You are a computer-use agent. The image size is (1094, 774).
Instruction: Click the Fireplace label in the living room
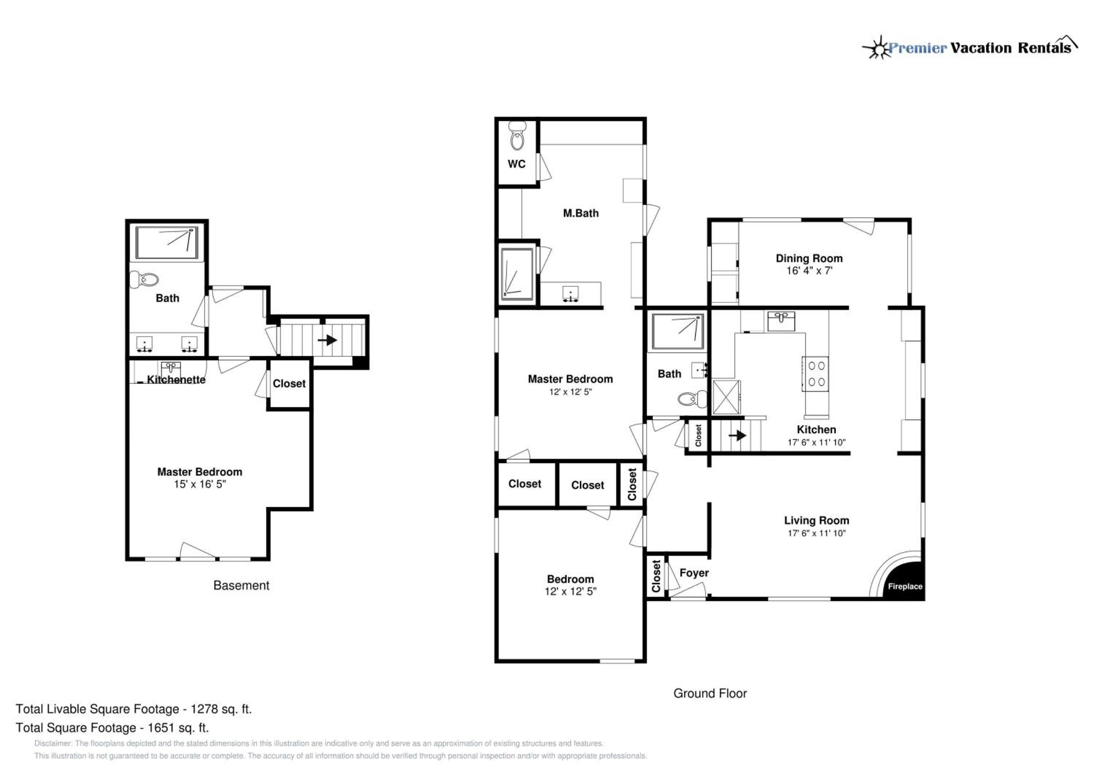click(x=905, y=586)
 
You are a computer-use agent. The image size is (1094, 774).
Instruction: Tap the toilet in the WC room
click(x=517, y=135)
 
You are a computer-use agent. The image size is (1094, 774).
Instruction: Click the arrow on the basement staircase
click(x=327, y=340)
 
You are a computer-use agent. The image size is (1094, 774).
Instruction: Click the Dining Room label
click(x=809, y=258)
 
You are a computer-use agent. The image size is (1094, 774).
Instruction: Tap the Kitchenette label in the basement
click(x=176, y=379)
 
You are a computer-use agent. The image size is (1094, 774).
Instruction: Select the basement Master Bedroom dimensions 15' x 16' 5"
click(x=199, y=484)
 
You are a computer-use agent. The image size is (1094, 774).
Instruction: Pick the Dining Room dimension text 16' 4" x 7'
click(x=809, y=271)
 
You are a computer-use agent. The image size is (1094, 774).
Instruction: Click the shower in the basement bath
click(x=166, y=243)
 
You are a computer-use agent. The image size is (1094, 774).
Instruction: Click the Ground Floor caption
click(x=710, y=693)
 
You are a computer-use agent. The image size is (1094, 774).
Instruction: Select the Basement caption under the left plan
click(x=241, y=585)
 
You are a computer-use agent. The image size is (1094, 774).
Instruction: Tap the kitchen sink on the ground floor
click(x=781, y=321)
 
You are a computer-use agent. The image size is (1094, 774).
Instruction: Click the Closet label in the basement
click(x=289, y=383)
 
